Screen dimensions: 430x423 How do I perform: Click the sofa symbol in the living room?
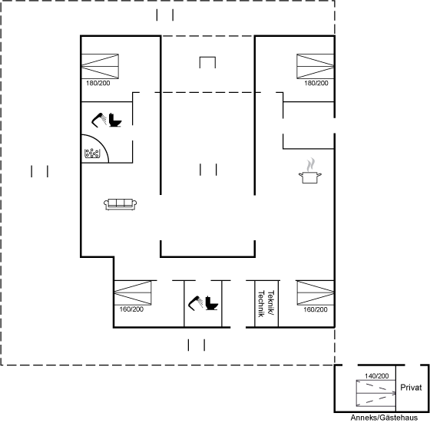click(120, 204)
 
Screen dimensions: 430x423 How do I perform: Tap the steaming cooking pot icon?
click(310, 171)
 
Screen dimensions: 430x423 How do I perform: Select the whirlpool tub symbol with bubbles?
click(92, 154)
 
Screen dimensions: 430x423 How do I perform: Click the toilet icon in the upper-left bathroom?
click(115, 120)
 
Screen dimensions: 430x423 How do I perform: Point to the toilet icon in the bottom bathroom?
click(211, 303)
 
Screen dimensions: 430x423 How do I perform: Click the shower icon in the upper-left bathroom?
click(99, 120)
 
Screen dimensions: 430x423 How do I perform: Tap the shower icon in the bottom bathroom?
click(196, 303)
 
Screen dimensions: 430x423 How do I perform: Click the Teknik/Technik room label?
click(266, 304)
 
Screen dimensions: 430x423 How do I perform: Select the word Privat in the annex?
click(411, 388)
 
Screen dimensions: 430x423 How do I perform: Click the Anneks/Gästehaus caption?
click(384, 418)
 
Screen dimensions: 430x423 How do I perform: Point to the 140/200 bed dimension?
click(376, 376)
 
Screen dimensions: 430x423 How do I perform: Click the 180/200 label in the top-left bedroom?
click(98, 83)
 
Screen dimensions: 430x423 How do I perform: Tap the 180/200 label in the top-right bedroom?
click(316, 83)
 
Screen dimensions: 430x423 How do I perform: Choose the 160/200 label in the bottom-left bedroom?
click(131, 309)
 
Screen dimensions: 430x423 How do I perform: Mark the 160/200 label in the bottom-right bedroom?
click(316, 309)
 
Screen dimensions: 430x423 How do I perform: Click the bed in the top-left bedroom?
click(100, 66)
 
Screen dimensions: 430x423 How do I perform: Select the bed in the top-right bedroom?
click(316, 66)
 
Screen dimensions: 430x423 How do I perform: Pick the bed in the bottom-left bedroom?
click(133, 292)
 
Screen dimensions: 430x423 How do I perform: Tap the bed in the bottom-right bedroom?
click(316, 292)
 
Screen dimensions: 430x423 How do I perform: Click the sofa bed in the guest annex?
click(376, 393)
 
